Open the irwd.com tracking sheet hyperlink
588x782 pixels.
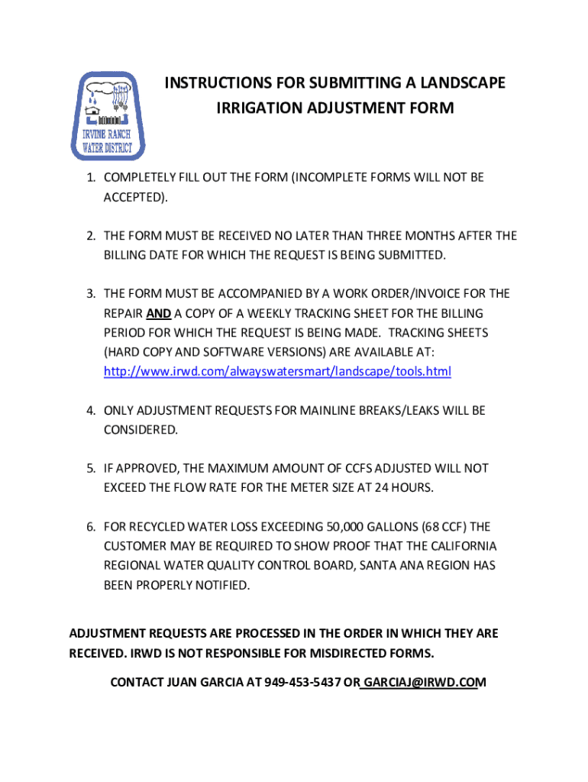(x=277, y=372)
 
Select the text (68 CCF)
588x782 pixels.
(x=441, y=527)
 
